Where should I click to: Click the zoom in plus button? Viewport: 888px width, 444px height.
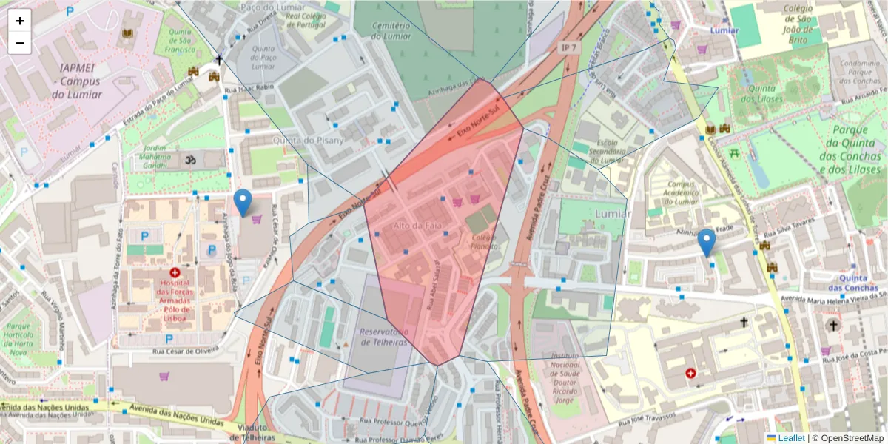coord(20,21)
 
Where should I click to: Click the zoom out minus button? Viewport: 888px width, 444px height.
coord(20,43)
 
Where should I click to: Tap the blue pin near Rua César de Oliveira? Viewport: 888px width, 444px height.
coord(242,202)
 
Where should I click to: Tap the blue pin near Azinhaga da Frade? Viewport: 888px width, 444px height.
coord(707,242)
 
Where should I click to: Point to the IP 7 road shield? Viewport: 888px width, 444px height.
coord(567,47)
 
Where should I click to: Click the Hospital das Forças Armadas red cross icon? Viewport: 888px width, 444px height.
coord(175,272)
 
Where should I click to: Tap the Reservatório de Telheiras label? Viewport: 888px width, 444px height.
coord(383,337)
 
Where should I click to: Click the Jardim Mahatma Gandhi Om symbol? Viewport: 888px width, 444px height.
coord(187,158)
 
